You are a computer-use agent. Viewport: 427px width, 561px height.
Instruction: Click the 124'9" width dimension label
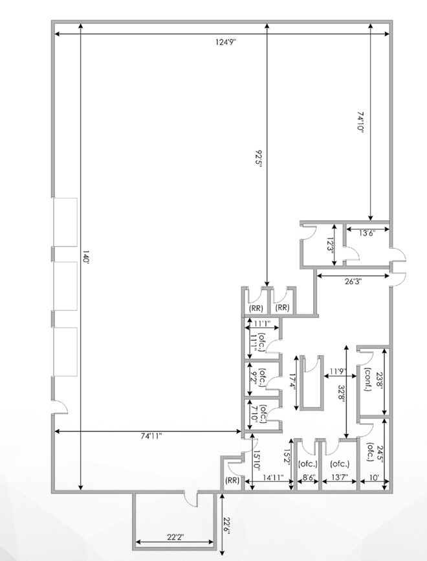click(226, 42)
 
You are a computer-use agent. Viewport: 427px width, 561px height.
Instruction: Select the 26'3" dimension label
click(353, 281)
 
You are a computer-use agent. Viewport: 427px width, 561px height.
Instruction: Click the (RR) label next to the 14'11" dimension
click(231, 480)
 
